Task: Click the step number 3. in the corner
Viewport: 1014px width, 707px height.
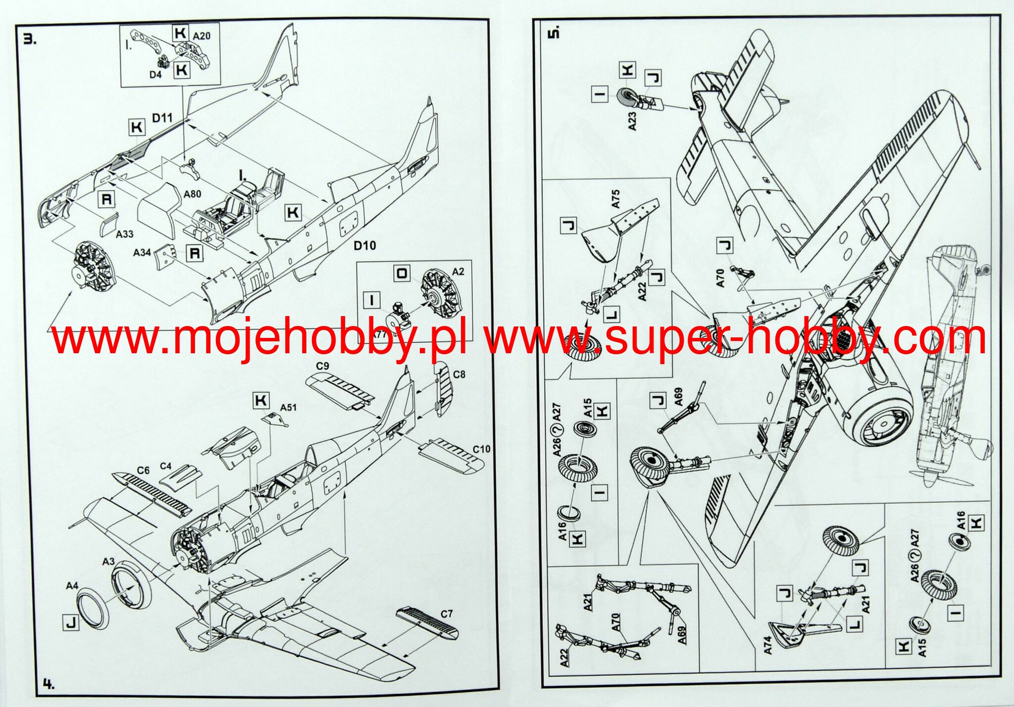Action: click(30, 39)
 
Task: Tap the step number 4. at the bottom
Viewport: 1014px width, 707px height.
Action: click(48, 684)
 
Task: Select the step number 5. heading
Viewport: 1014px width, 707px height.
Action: click(554, 33)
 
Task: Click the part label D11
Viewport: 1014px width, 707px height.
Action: click(162, 118)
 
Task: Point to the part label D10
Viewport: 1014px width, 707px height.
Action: click(364, 246)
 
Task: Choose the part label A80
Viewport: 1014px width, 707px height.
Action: click(192, 194)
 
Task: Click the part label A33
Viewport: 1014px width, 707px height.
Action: click(124, 234)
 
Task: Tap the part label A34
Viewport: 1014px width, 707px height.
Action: click(142, 253)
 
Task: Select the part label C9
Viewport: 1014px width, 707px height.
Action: click(322, 366)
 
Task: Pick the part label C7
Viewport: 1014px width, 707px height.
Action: click(446, 614)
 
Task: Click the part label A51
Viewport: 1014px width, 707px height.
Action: click(288, 407)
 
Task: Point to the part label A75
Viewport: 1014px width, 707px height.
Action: click(615, 198)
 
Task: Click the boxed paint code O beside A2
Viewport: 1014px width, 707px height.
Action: click(402, 273)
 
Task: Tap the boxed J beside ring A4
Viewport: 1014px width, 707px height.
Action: click(71, 623)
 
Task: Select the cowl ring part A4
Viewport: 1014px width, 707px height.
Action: click(92, 607)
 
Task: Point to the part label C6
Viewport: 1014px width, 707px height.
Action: click(143, 470)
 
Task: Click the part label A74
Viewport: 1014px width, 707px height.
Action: click(767, 645)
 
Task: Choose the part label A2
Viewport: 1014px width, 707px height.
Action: click(458, 272)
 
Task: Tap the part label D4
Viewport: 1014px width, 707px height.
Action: click(155, 75)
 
